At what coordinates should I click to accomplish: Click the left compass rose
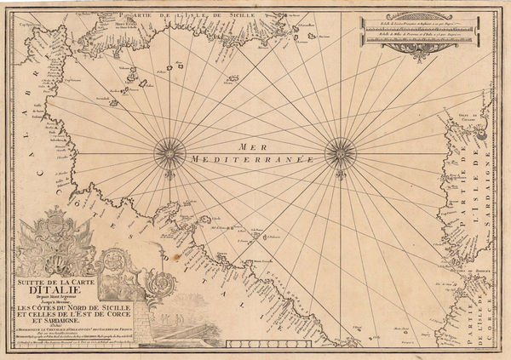point(170,154)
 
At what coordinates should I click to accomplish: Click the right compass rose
point(341,153)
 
